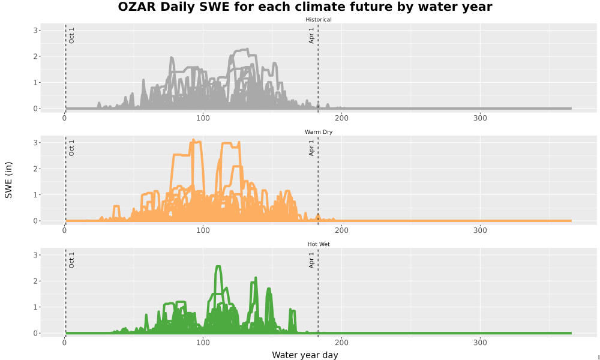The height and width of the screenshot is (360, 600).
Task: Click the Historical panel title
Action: pyautogui.click(x=319, y=20)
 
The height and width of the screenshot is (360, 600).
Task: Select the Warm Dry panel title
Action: pyautogui.click(x=319, y=132)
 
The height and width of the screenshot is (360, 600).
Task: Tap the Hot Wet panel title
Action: pyautogui.click(x=319, y=244)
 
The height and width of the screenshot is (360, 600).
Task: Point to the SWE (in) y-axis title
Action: pyautogui.click(x=8, y=180)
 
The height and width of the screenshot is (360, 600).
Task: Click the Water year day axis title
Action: pyautogui.click(x=305, y=355)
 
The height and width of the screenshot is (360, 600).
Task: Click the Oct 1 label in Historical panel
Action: pyautogui.click(x=71, y=35)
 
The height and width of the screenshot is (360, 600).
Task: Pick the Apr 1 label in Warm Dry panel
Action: pyautogui.click(x=311, y=148)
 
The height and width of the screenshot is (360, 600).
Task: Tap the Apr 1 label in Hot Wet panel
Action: pyautogui.click(x=311, y=260)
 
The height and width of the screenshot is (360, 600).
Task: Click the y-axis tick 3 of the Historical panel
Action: pyautogui.click(x=35, y=30)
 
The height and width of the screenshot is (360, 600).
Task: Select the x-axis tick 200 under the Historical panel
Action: pyautogui.click(x=341, y=118)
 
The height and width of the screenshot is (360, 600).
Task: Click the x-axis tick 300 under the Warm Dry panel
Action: pyautogui.click(x=480, y=230)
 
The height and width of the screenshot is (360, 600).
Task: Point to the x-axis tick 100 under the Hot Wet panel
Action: pyautogui.click(x=203, y=343)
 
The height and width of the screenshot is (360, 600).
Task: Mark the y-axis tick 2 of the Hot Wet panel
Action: pyautogui.click(x=35, y=281)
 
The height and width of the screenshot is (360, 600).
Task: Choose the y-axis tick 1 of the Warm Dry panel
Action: pyautogui.click(x=35, y=195)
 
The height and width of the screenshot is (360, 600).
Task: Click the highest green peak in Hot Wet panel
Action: pyautogui.click(x=218, y=266)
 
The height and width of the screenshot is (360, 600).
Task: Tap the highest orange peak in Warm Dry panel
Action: pyautogui.click(x=194, y=140)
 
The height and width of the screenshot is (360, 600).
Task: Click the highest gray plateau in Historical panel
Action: pyautogui.click(x=241, y=50)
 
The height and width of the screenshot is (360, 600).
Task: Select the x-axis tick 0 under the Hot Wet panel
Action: pyautogui.click(x=64, y=343)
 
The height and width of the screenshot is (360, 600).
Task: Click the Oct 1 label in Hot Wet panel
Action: pyautogui.click(x=71, y=260)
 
